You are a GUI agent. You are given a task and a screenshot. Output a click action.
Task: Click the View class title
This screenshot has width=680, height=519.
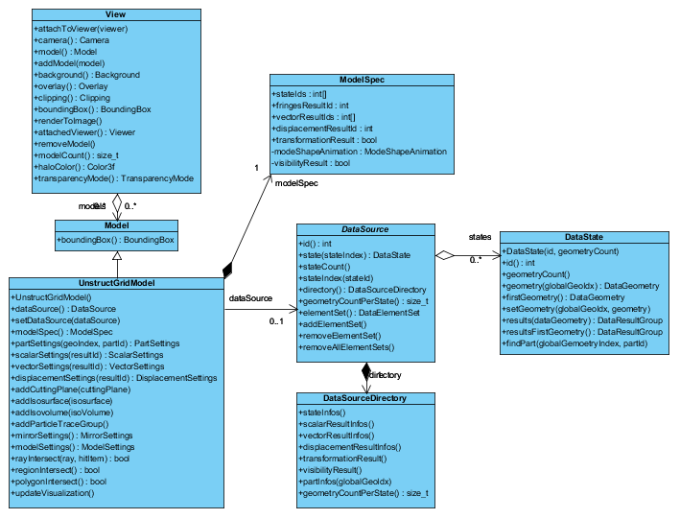tap(116, 14)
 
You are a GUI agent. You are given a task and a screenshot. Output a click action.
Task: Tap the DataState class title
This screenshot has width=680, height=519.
tap(584, 237)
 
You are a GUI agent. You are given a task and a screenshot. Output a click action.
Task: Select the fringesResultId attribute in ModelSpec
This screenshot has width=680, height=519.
tap(310, 106)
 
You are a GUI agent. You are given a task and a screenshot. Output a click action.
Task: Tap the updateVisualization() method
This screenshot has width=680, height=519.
tap(59, 493)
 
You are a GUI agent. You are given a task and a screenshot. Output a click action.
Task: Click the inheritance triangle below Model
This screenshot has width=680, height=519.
tap(116, 256)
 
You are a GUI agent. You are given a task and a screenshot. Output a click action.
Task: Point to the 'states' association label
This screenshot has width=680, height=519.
tap(480, 236)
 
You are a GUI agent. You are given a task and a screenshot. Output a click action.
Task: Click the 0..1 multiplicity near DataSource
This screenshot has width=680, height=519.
tap(279, 320)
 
